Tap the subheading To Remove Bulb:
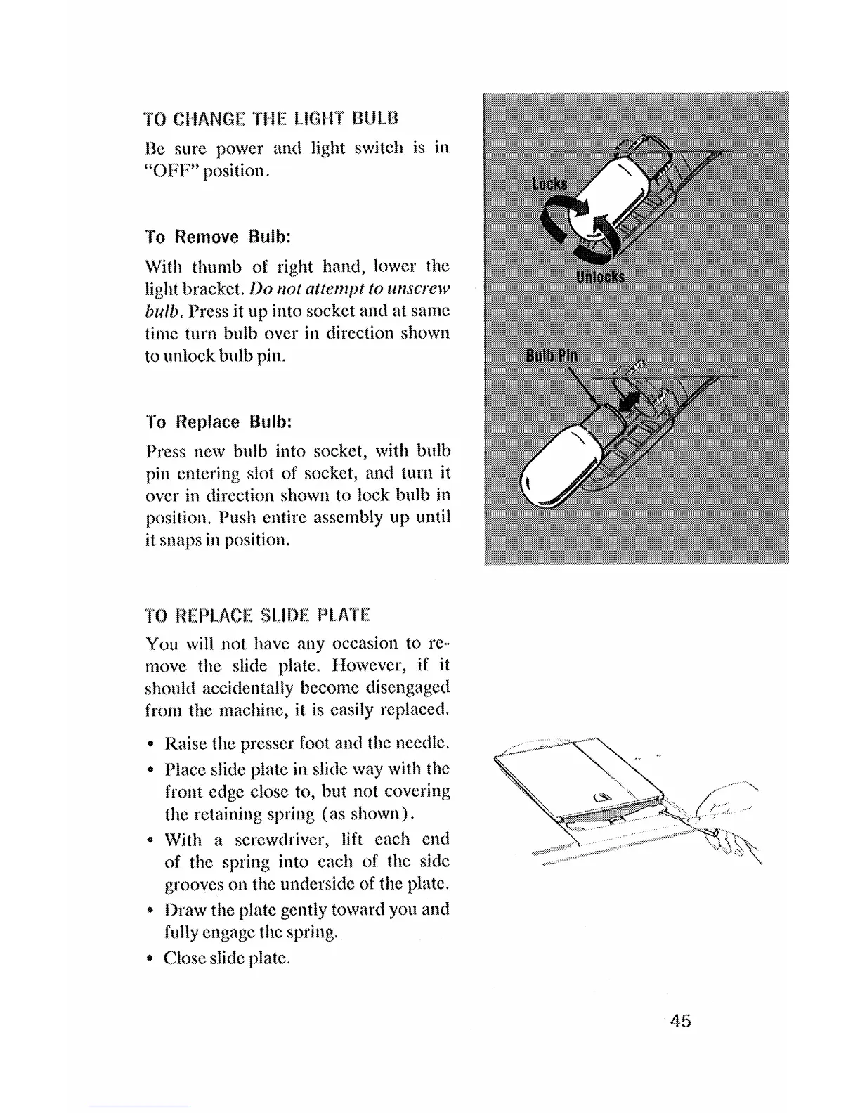pyautogui.click(x=218, y=237)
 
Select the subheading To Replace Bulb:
pyautogui.click(x=219, y=422)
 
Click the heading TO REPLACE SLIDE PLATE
pyautogui.click(x=257, y=617)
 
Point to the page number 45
pyautogui.click(x=679, y=1021)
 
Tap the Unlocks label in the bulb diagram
pyautogui.click(x=600, y=277)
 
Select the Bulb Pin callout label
pyautogui.click(x=552, y=355)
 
